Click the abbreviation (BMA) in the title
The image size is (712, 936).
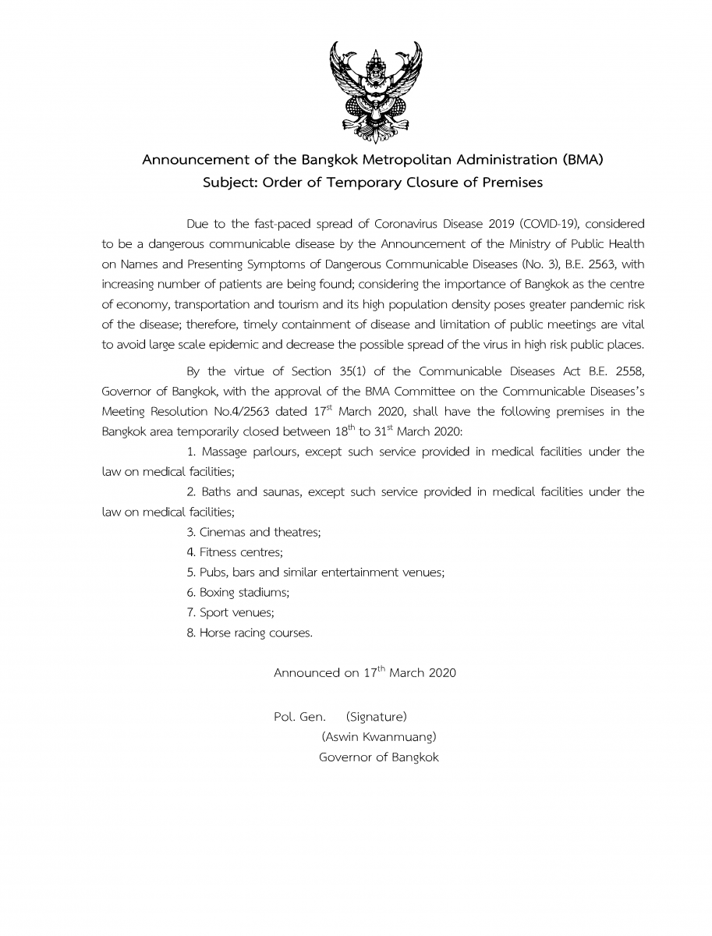[x=582, y=161]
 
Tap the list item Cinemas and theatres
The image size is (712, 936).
[x=253, y=532]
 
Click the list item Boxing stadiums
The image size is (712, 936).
[x=238, y=593]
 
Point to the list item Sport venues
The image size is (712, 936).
[x=230, y=613]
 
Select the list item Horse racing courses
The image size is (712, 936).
[x=250, y=633]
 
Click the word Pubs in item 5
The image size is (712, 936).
[x=214, y=573]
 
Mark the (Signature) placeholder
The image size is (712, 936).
[x=376, y=716]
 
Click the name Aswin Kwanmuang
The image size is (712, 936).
[x=378, y=736]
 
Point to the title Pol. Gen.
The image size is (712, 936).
[x=299, y=716]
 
